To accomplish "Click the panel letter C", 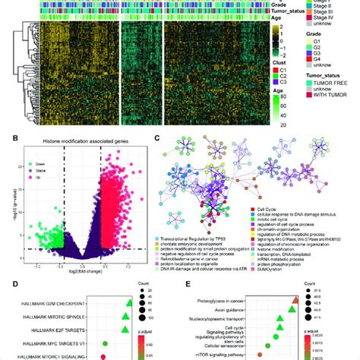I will (156, 139).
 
